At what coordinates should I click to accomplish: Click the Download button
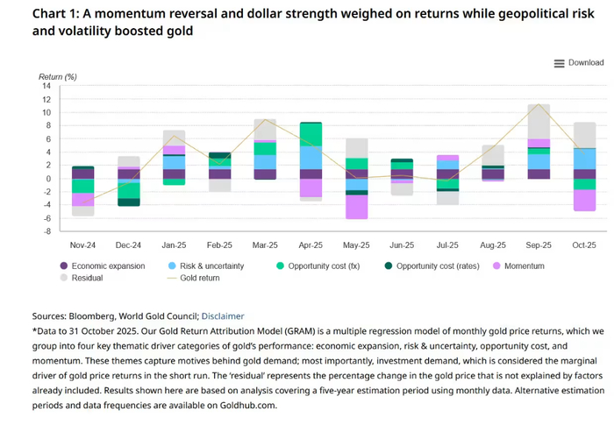579,63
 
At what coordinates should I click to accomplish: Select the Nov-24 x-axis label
82,246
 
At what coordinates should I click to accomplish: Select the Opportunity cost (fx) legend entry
317,266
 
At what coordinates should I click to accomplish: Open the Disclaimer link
223,316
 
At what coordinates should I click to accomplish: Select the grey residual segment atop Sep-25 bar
539,122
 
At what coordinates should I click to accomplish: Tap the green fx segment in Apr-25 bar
311,134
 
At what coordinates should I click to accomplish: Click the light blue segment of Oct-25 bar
583,159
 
